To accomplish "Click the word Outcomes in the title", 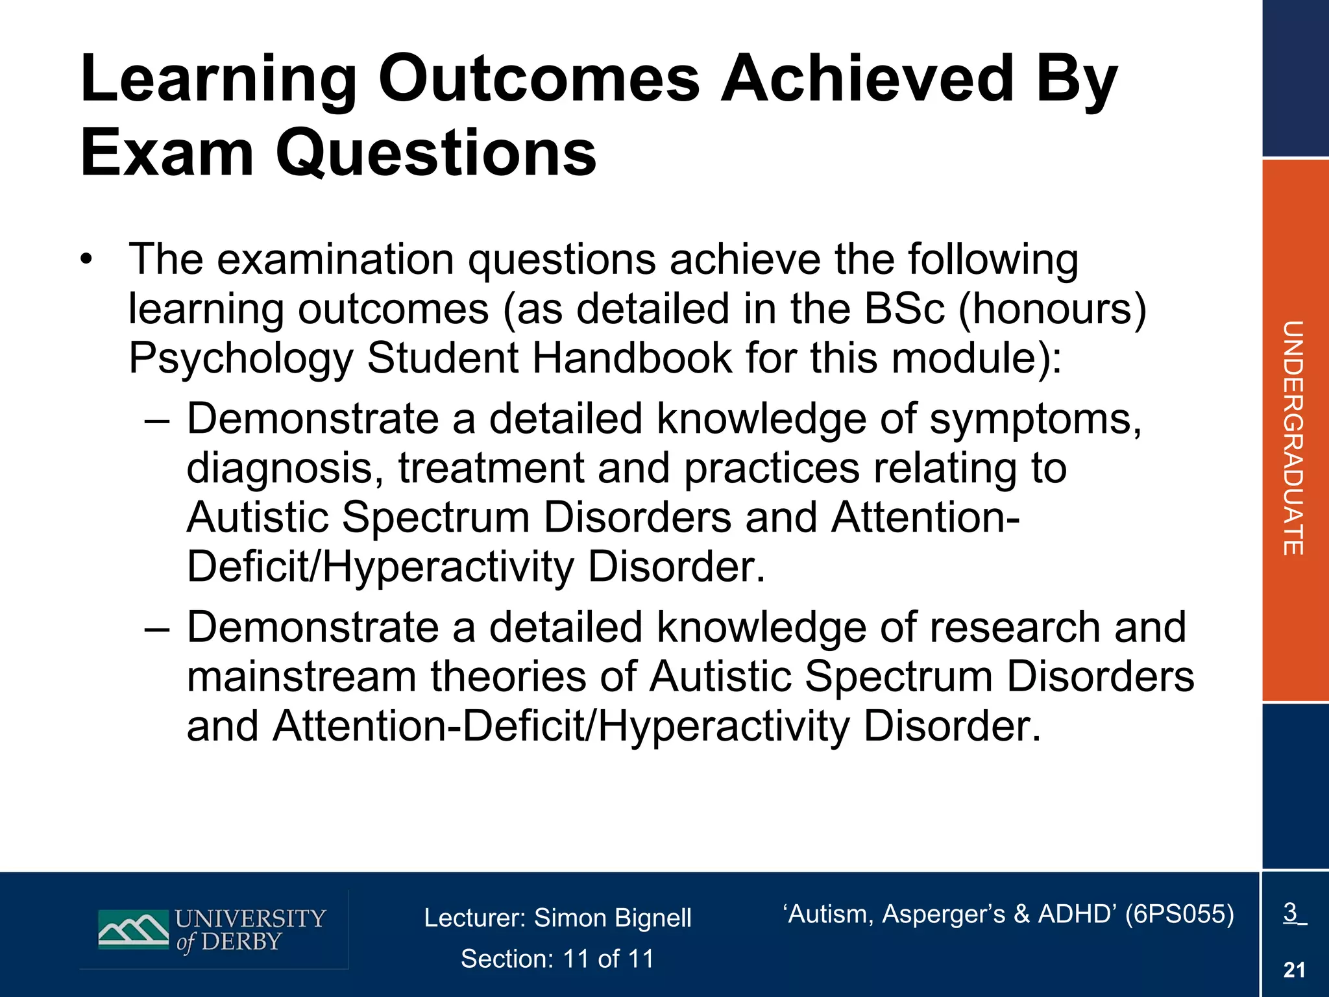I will click(x=539, y=79).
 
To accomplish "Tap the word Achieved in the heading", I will click(x=867, y=79).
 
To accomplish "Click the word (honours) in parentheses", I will click(x=1052, y=309).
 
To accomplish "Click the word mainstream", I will click(x=301, y=677).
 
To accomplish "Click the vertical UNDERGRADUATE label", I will click(x=1293, y=438).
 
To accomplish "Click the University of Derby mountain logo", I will click(x=134, y=929).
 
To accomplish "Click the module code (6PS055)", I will click(x=1179, y=914).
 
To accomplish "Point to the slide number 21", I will click(x=1294, y=970).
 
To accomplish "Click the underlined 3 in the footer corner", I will click(x=1291, y=913).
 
